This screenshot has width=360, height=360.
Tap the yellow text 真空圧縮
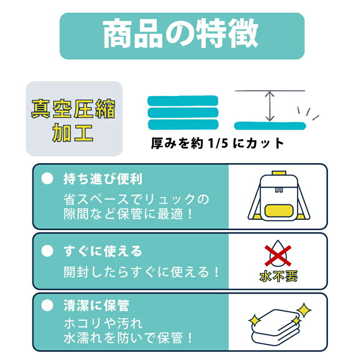[73, 109]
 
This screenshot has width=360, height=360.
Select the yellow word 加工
[73, 132]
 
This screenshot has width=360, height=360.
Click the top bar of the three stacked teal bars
[183, 101]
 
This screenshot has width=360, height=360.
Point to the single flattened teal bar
[270, 126]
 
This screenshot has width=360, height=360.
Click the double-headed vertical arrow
[270, 106]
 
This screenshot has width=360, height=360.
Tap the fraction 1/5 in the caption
[218, 143]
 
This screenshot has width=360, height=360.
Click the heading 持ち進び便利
[103, 179]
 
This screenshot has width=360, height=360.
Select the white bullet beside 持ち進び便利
[47, 179]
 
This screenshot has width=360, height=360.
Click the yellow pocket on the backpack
[279, 211]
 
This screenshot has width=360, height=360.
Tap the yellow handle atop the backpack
[279, 173]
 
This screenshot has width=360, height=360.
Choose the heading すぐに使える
[103, 251]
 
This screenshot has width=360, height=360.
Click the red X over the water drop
[278, 255]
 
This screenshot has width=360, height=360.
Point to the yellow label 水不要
[278, 276]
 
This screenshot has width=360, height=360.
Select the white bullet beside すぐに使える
[47, 251]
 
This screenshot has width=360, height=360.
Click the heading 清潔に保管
[96, 306]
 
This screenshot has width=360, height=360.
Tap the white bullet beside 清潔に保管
[47, 306]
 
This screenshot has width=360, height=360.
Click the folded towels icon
[276, 327]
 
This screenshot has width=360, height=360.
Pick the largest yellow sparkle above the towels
[304, 310]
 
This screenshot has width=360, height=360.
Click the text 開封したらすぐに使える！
[141, 272]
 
